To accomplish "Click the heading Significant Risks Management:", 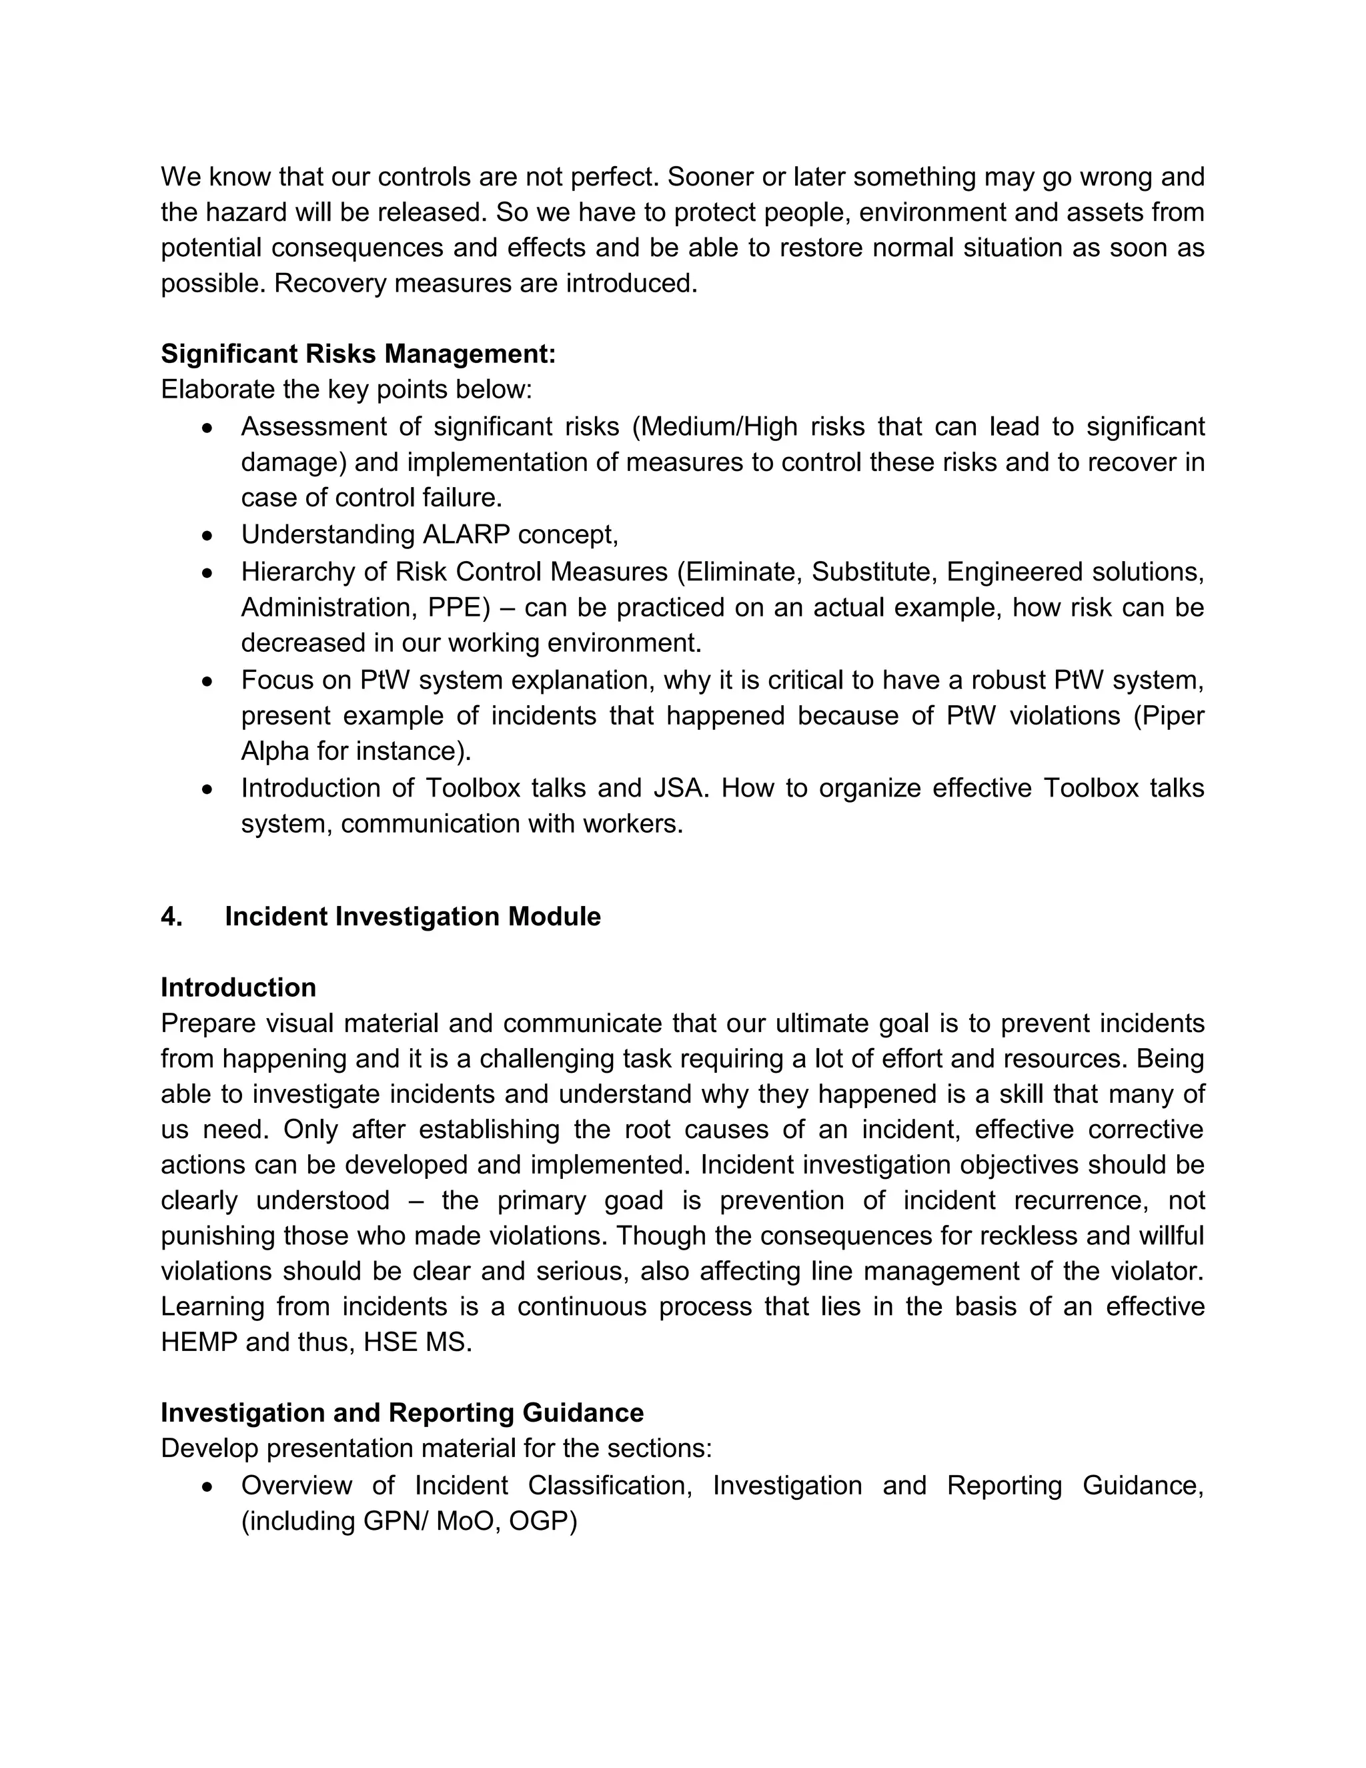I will click(x=358, y=354).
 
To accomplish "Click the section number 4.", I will click(x=171, y=917).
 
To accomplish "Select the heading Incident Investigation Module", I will click(x=413, y=917).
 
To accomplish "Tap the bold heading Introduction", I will click(x=238, y=987).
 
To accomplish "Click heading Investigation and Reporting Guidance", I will click(x=402, y=1412).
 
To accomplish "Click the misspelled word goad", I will click(x=634, y=1200).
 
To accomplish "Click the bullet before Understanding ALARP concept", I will click(x=208, y=535).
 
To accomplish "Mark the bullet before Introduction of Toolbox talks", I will click(x=208, y=789).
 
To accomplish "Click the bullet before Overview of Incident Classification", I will click(x=208, y=1486).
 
